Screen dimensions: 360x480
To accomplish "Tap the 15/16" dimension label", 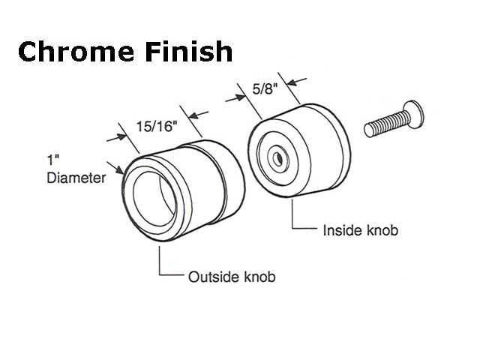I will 156,127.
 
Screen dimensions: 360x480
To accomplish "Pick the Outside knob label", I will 231,277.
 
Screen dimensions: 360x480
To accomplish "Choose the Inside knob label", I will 361,230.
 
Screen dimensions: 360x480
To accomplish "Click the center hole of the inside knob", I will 277,158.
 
